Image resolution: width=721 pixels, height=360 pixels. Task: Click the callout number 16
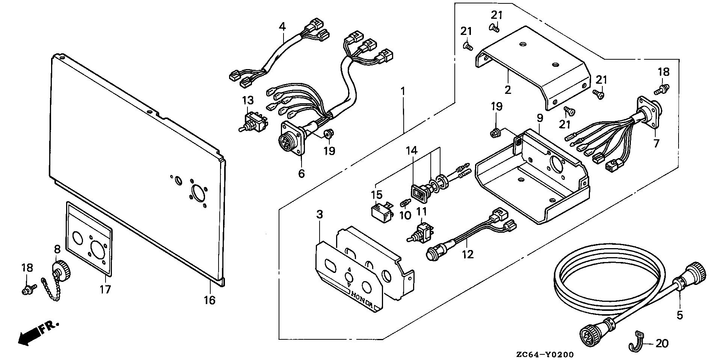[210, 300]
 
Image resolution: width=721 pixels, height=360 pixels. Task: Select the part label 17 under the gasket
[106, 289]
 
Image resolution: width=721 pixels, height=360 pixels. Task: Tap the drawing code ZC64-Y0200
[545, 354]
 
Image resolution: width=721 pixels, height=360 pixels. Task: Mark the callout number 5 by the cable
[680, 315]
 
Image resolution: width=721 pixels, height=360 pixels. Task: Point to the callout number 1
[403, 91]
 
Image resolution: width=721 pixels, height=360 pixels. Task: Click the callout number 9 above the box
[540, 118]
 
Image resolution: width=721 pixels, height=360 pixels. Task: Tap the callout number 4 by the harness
[282, 26]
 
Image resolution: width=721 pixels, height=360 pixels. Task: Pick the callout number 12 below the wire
[468, 254]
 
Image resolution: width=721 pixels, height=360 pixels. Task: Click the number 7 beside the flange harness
[656, 143]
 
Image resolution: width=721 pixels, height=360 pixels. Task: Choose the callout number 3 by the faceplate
[320, 215]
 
